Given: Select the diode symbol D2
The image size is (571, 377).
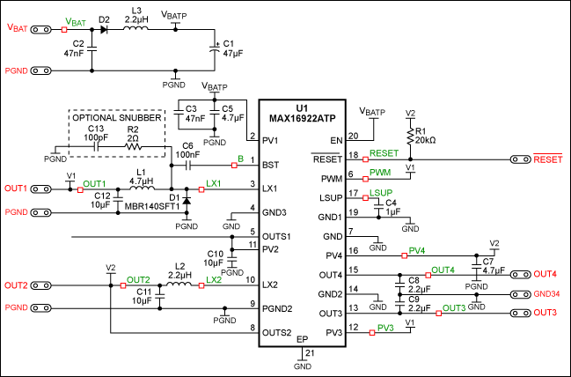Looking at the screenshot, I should (x=104, y=29).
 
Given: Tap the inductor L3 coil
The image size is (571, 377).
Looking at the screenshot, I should (x=136, y=29).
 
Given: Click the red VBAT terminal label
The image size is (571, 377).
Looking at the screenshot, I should (x=18, y=28).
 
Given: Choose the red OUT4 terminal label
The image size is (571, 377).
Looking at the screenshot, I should (x=545, y=274).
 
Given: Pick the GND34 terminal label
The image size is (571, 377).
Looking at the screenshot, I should (x=546, y=293).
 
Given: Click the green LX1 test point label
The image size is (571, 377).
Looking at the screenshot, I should (x=214, y=183).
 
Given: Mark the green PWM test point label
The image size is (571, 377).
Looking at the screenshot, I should (x=381, y=173).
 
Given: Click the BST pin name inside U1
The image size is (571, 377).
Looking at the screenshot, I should (x=271, y=164).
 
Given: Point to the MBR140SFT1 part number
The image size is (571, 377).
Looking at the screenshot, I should (x=151, y=206).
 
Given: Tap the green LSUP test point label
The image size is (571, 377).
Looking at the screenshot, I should (x=381, y=192).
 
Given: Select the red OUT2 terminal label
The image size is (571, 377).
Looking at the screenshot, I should (x=17, y=285).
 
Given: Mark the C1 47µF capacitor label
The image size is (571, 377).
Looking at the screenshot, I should (x=229, y=47).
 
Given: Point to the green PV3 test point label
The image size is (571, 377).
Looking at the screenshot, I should (x=385, y=329).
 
